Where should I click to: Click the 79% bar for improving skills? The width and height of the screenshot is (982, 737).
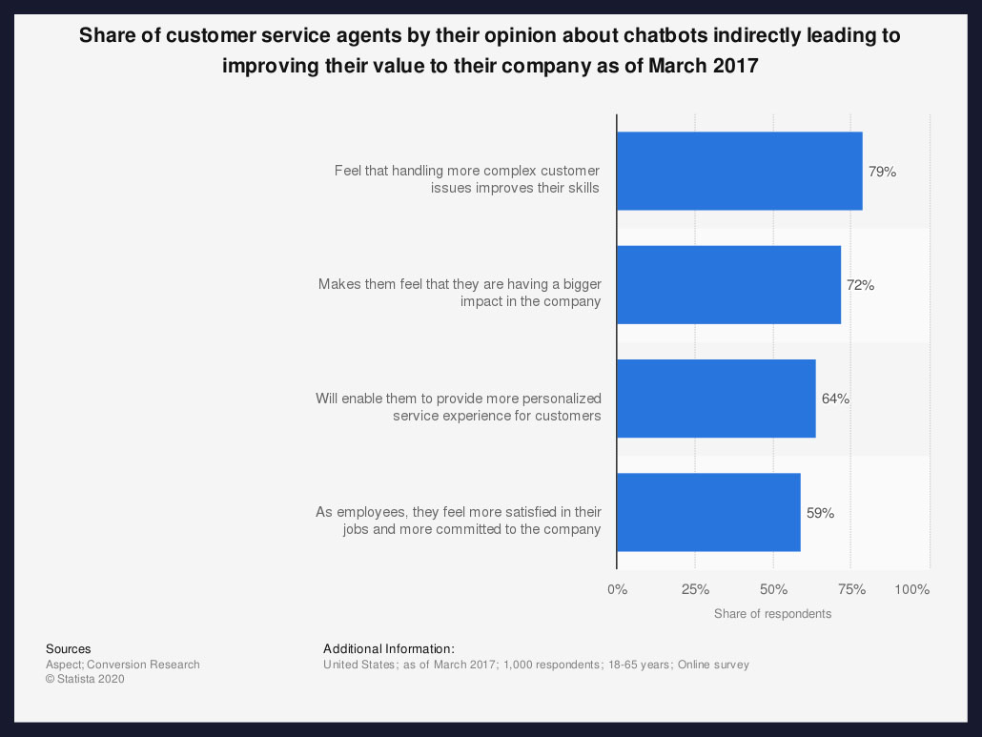[739, 171]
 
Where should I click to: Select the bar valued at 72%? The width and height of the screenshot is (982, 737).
[728, 285]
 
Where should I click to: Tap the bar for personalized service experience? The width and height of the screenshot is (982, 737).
[716, 399]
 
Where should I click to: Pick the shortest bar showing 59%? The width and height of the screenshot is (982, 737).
[708, 512]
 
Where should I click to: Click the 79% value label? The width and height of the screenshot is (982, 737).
[882, 172]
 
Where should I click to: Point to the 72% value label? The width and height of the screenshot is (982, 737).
[860, 285]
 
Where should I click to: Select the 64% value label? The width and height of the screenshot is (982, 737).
[835, 399]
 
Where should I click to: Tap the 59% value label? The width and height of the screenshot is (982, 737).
[820, 513]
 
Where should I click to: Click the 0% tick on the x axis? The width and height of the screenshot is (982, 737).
[617, 589]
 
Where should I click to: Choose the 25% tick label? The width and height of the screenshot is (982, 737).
[695, 589]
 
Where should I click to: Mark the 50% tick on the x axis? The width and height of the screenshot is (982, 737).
[773, 589]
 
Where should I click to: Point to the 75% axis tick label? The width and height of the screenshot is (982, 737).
[851, 589]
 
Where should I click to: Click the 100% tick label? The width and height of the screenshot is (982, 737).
[912, 589]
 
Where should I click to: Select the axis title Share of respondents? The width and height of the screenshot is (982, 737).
[772, 614]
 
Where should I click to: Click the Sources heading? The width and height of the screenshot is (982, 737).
[68, 649]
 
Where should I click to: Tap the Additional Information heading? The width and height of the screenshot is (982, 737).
[388, 649]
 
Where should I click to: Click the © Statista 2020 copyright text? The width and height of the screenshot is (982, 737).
[85, 680]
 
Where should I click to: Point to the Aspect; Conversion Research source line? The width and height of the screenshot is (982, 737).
[122, 665]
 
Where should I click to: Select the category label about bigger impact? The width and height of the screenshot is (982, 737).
[459, 293]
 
